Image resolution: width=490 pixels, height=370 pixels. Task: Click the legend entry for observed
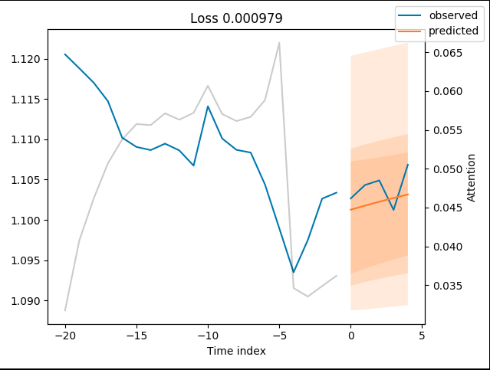(452, 15)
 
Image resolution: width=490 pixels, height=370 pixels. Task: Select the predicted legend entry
(452, 31)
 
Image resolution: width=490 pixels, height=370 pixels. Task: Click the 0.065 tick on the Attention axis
(450, 53)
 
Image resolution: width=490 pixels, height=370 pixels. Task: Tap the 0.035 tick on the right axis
(450, 286)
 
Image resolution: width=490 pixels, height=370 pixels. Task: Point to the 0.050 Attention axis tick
(450, 169)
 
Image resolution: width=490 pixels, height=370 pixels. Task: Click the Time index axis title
(236, 351)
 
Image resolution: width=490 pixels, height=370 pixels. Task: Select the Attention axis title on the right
(472, 178)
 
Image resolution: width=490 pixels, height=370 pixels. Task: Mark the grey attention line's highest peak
(279, 43)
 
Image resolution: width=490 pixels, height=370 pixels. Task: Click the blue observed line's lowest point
(293, 272)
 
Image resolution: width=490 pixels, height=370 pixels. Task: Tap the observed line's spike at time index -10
(208, 106)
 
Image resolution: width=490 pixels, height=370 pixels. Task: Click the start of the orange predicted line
(350, 209)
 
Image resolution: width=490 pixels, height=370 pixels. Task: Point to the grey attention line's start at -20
(65, 310)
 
